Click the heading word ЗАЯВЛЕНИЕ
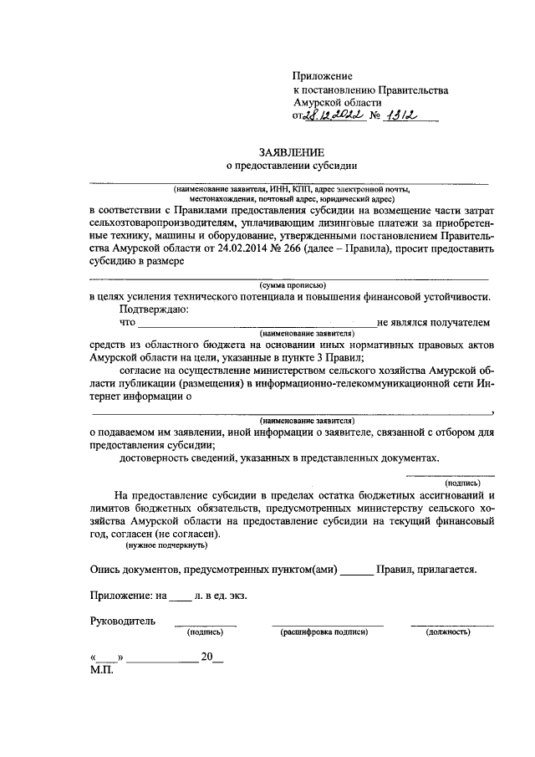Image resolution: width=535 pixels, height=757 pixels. pos(288,152)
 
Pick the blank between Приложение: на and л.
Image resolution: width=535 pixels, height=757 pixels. pos(180,596)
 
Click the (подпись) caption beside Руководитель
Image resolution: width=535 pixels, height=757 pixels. pos(204,632)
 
